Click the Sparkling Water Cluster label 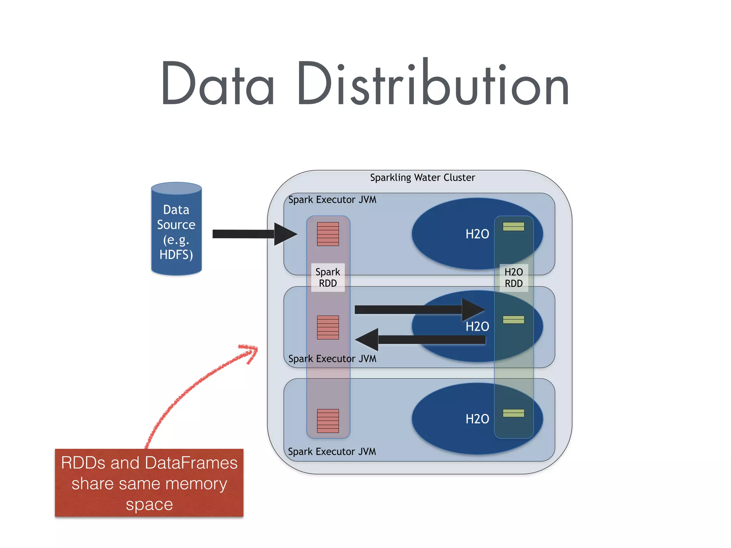[x=422, y=178]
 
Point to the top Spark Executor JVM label [x=332, y=200]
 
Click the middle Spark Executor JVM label [x=332, y=359]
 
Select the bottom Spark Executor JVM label [x=332, y=452]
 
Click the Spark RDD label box [x=328, y=278]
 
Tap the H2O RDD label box [x=514, y=278]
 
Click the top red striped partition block [x=328, y=234]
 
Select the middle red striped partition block [x=328, y=327]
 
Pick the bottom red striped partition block [x=328, y=421]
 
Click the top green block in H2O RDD [x=513, y=227]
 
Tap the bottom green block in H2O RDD [x=513, y=413]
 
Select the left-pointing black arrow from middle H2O [x=421, y=340]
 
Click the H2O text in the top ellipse [x=477, y=234]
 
